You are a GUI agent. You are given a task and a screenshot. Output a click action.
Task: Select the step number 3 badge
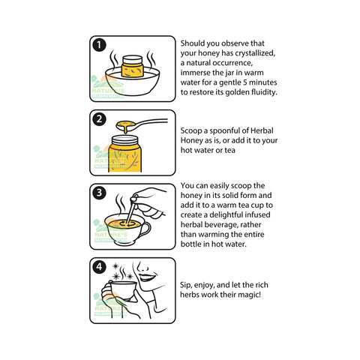[99, 193]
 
